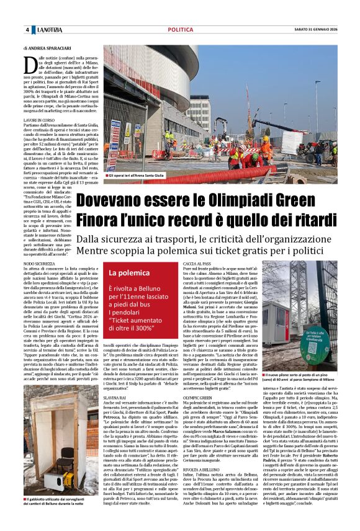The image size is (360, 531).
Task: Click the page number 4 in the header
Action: click(27, 30)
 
